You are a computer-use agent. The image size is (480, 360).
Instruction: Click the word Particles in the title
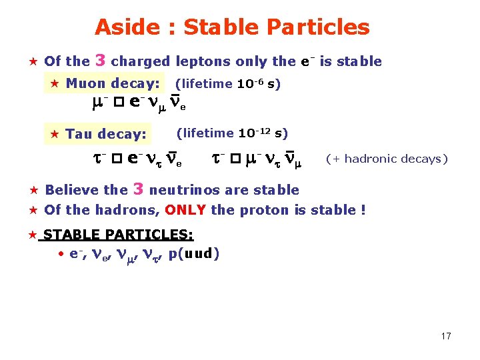click(x=317, y=27)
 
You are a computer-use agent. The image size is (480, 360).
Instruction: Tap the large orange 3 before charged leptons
click(x=101, y=60)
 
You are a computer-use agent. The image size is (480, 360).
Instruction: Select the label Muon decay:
click(x=113, y=84)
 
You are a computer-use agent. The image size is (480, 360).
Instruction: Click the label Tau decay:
click(x=106, y=134)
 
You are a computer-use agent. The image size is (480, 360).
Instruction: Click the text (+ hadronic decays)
click(x=387, y=159)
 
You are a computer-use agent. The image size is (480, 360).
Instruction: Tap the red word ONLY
click(x=185, y=210)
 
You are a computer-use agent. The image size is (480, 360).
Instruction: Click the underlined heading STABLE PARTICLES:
click(x=119, y=235)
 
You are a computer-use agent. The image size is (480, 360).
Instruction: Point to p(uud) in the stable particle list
click(x=194, y=253)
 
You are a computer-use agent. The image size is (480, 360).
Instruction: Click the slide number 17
click(x=446, y=336)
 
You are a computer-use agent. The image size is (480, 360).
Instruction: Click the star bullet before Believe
click(x=31, y=191)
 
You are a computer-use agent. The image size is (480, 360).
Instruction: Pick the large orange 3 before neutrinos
click(x=139, y=189)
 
